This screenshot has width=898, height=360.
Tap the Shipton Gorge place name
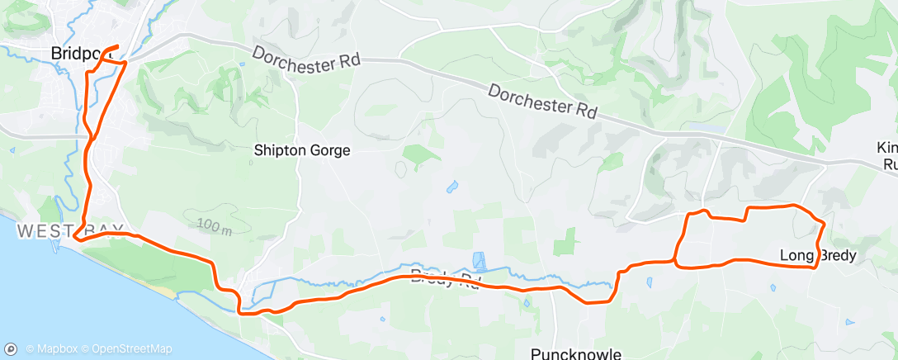[303, 151]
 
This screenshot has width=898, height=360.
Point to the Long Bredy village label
[817, 255]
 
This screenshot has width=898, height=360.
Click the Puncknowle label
[575, 354]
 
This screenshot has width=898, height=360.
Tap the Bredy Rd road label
[446, 277]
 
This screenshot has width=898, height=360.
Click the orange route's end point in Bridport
[118, 46]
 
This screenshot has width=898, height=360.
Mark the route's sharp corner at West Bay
[74, 239]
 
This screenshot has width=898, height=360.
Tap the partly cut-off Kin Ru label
[887, 156]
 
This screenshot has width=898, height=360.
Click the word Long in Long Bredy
[795, 255]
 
